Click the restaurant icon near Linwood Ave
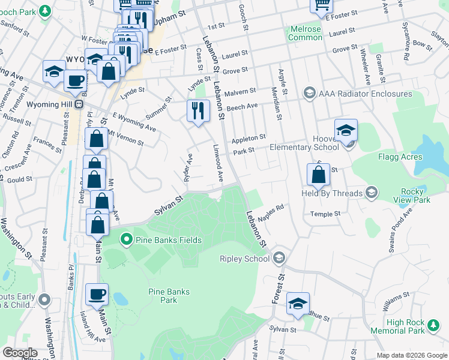click(197, 111)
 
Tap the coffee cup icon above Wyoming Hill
click(75, 80)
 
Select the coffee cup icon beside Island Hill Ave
click(97, 294)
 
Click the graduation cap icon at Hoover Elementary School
click(346, 130)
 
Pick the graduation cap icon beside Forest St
click(297, 304)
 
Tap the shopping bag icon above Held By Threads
click(319, 175)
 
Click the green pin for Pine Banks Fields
click(126, 240)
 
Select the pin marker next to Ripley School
click(279, 259)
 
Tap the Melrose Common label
click(305, 33)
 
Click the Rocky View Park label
click(417, 195)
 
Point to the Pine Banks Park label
click(169, 296)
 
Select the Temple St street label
click(325, 214)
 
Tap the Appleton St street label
click(249, 138)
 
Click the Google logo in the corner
click(20, 353)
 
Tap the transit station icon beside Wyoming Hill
click(79, 104)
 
